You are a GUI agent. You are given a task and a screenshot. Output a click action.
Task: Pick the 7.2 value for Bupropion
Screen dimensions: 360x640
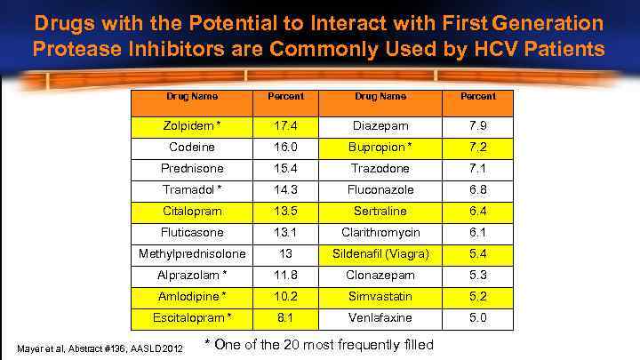pos(478,147)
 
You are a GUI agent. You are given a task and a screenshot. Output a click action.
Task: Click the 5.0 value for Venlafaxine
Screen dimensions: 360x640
pos(478,316)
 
